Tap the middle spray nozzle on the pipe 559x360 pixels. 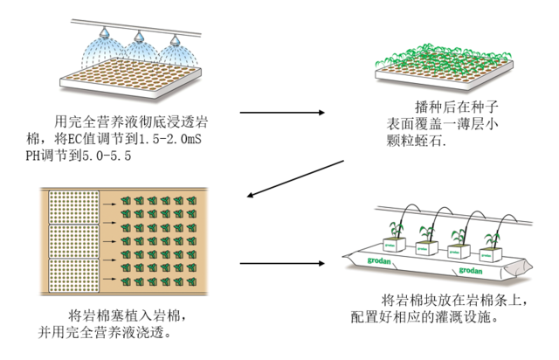[x=139, y=37]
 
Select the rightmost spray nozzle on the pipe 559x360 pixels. [x=174, y=41]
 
